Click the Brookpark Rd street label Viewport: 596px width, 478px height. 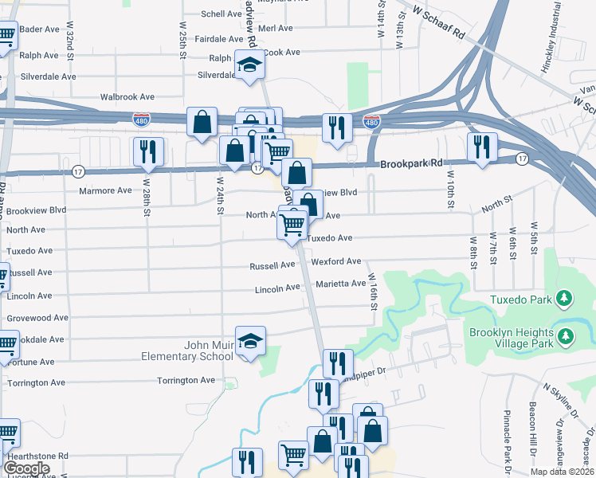410,163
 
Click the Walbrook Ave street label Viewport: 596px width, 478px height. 127,97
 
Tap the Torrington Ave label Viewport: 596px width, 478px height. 186,380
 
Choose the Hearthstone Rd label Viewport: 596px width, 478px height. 35,456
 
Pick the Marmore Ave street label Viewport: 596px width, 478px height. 105,190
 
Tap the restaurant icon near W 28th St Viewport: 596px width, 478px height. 148,151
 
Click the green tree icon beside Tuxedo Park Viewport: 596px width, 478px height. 565,299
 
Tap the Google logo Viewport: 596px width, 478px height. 26,468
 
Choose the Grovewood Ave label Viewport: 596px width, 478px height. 38,317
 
